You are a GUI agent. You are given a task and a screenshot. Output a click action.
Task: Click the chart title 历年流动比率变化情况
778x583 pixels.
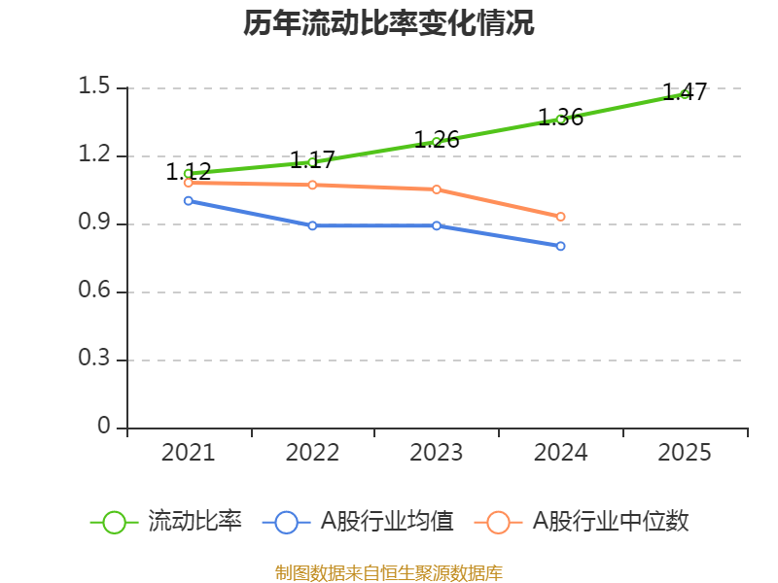pyautogui.click(x=389, y=23)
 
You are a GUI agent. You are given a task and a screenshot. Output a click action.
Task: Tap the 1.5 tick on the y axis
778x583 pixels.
pyautogui.click(x=94, y=87)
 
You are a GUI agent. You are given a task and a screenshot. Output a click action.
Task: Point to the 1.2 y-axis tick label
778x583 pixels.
pyautogui.click(x=94, y=155)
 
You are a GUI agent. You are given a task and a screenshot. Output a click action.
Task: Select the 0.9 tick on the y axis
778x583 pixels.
pyautogui.click(x=94, y=223)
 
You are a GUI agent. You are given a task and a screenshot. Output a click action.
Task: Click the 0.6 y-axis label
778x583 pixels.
pyautogui.click(x=94, y=291)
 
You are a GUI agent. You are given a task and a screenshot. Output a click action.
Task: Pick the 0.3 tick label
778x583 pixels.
pyautogui.click(x=94, y=360)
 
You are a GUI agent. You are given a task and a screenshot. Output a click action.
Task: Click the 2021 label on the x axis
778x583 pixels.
pyautogui.click(x=188, y=453)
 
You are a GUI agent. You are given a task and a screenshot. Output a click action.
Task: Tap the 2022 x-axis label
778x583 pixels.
pyautogui.click(x=312, y=453)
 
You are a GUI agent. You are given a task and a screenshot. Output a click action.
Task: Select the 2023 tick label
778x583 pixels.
pyautogui.click(x=437, y=453)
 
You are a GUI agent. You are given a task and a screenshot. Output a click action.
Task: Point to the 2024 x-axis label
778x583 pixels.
pyautogui.click(x=561, y=453)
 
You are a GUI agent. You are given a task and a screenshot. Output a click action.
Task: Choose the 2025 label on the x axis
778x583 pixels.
pyautogui.click(x=685, y=453)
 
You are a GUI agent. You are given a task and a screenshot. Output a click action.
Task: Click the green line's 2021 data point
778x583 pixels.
pyautogui.click(x=188, y=174)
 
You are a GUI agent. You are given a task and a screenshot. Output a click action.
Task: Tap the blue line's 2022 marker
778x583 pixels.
pyautogui.click(x=312, y=225)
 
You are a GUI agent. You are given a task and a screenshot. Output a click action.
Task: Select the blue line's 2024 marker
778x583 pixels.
pyautogui.click(x=561, y=246)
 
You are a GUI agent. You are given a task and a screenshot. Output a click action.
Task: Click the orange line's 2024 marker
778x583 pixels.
pyautogui.click(x=561, y=217)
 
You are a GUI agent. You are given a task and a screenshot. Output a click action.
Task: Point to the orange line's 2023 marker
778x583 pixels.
pyautogui.click(x=437, y=189)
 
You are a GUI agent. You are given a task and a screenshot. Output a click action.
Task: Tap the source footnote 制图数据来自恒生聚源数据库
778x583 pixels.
pyautogui.click(x=389, y=573)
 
